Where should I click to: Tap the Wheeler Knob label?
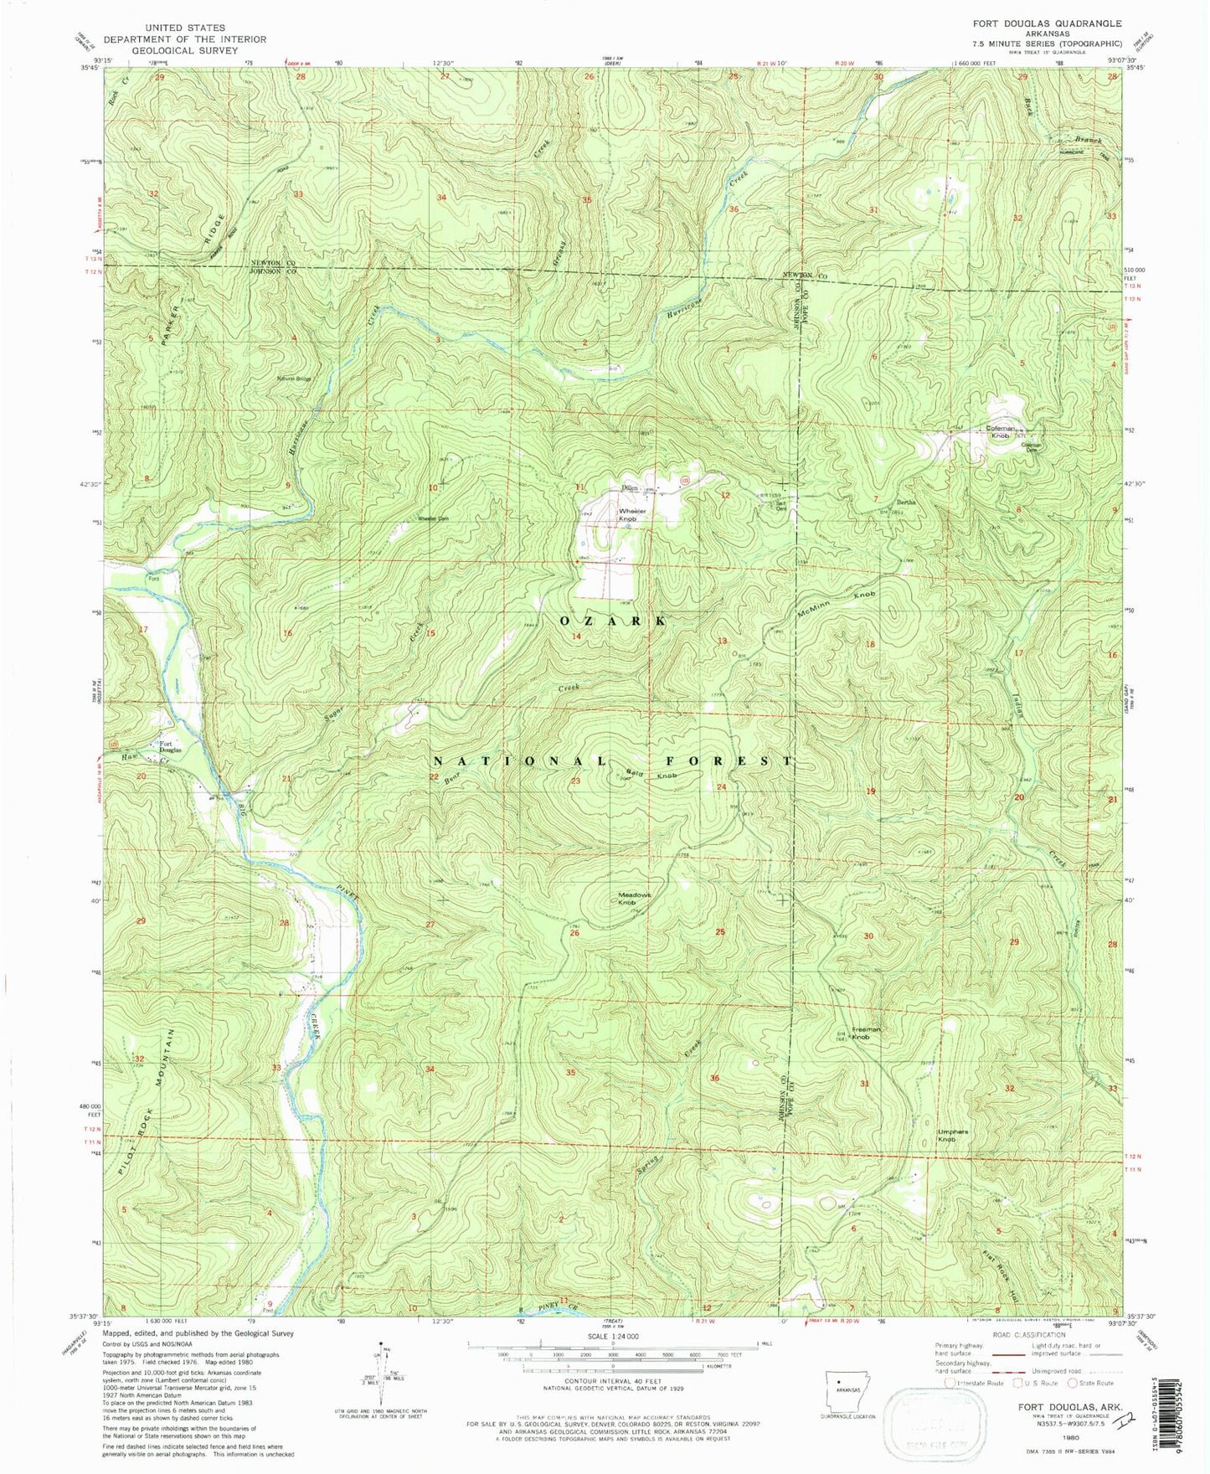(x=633, y=514)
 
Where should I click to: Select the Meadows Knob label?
(x=634, y=899)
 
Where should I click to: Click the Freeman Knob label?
(x=868, y=1033)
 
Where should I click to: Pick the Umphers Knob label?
(x=953, y=1136)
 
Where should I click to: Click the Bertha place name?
(x=907, y=502)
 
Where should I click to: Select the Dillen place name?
(x=631, y=488)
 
